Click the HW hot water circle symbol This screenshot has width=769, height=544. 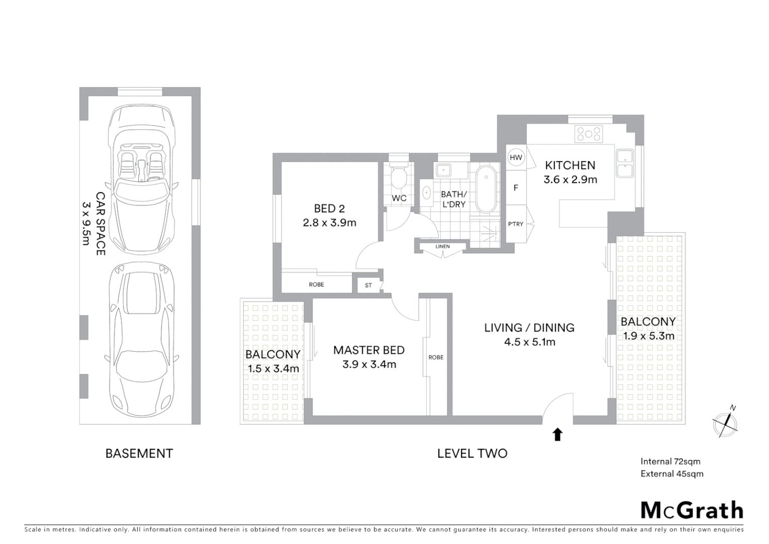pos(516,158)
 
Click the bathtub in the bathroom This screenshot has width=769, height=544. pos(486,190)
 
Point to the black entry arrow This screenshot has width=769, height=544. pos(557,434)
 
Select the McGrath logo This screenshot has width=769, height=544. pos(691,510)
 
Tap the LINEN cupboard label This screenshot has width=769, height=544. pos(442,246)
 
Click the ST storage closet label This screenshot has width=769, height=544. pos(368,286)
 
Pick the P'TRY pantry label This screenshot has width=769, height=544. pos(515,224)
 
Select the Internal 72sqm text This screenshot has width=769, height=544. pos(670,461)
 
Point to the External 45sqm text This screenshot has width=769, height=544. pos(672,473)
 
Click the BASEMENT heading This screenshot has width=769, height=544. pos(139,453)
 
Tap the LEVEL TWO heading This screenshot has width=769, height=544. pos(472,453)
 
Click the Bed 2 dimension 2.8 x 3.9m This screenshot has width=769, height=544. pos(329,223)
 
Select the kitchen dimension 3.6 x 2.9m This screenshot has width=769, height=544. pos(570,179)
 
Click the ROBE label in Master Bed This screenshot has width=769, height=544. pos(436,357)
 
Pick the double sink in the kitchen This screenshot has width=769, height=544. pos(625,163)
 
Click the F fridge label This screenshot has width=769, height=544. pos(515,188)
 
